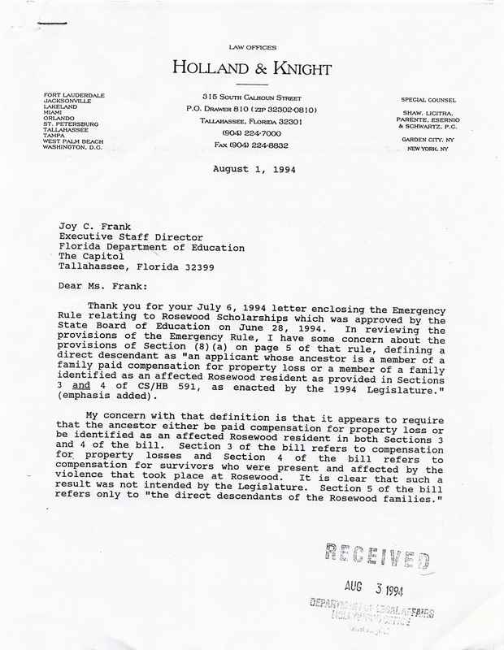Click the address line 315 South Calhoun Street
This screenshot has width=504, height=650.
(251, 97)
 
